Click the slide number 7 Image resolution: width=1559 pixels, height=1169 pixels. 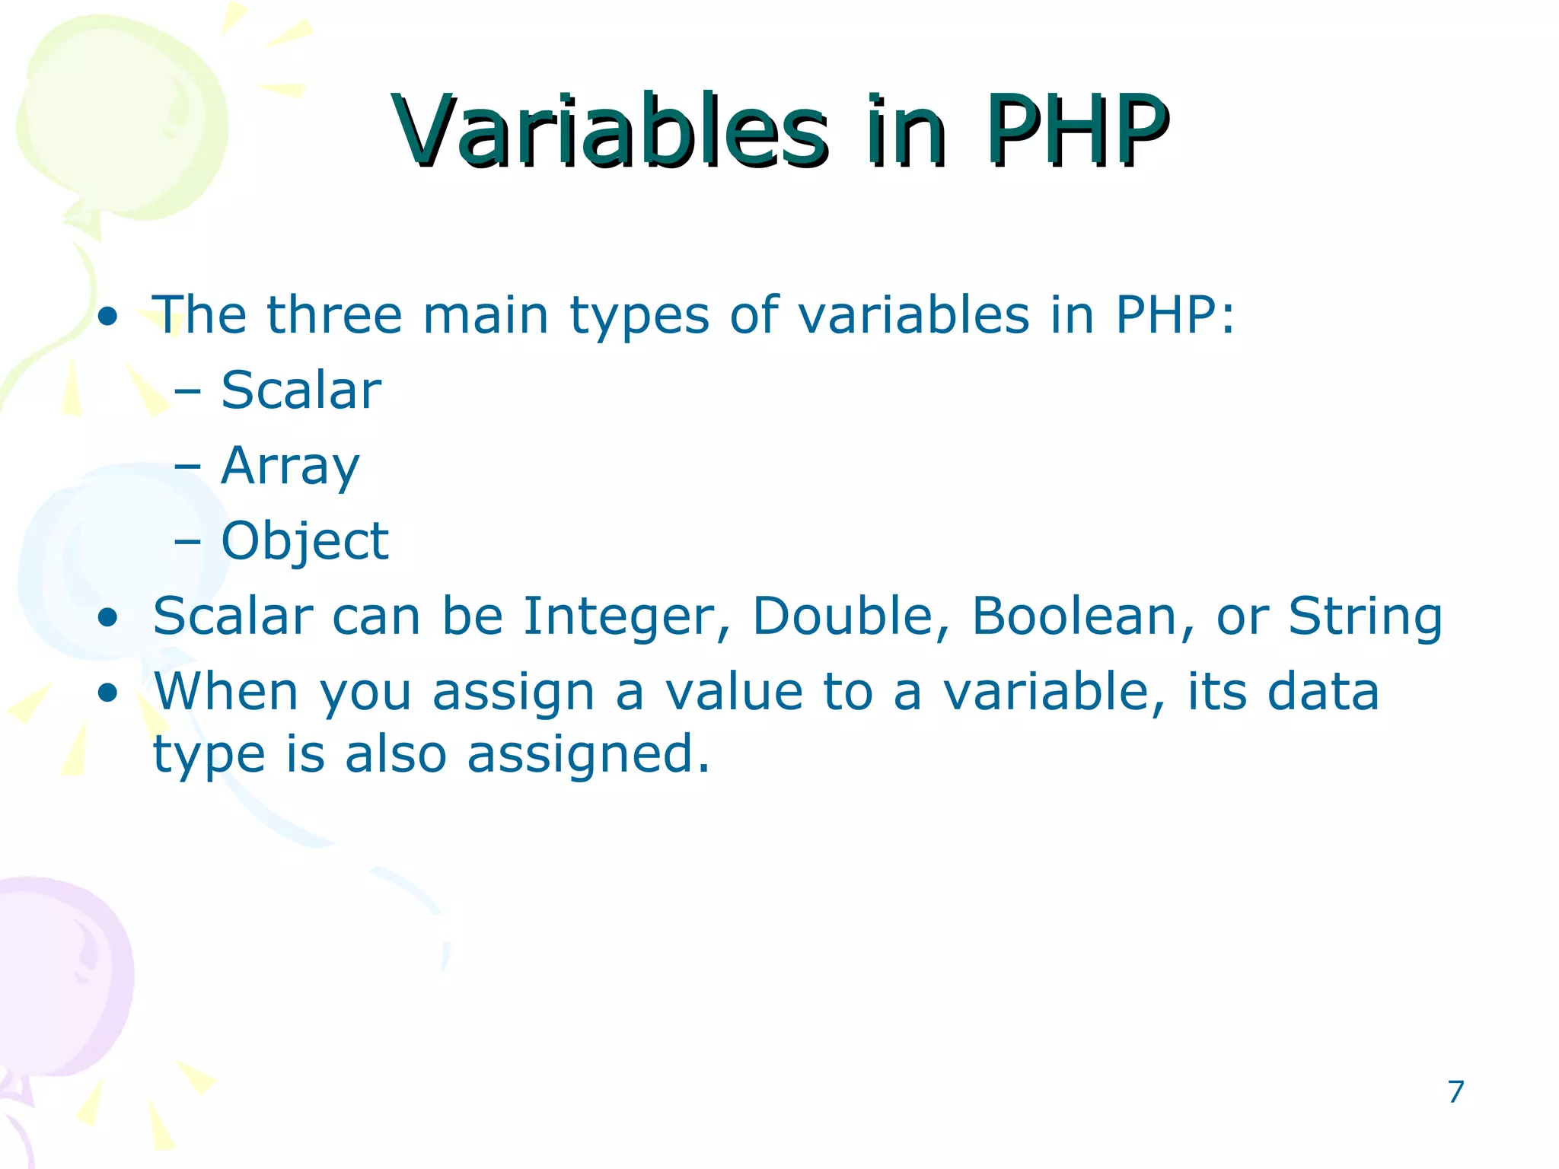point(1455,1091)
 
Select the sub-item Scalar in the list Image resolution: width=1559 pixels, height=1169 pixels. point(301,390)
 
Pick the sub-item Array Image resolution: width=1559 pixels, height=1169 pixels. point(289,467)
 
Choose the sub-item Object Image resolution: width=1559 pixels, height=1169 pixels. point(304,542)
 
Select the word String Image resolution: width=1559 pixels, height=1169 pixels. point(1365,616)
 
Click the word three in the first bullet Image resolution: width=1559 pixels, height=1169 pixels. point(333,314)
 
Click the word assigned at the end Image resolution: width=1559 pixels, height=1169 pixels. point(588,755)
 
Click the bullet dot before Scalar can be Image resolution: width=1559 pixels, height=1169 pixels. point(108,617)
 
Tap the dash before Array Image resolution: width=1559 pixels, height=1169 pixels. point(187,466)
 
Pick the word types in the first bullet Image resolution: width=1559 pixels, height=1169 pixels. point(639,316)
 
